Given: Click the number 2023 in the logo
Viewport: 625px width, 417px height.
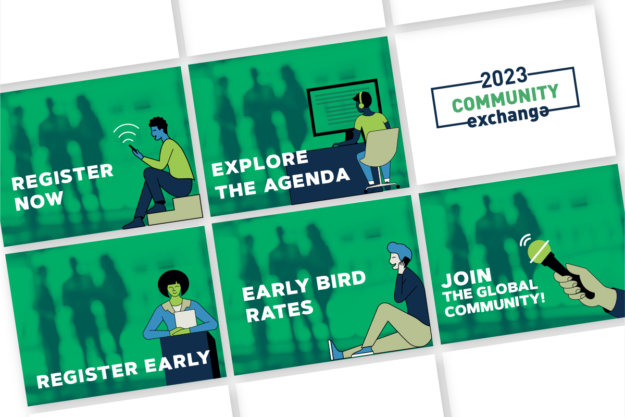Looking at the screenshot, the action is click(x=505, y=77).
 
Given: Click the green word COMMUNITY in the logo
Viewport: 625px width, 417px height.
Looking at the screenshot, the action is click(x=505, y=98).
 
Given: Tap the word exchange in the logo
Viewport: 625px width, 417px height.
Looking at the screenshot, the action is click(x=508, y=116).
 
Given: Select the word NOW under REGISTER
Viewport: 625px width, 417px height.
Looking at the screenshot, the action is click(x=39, y=201).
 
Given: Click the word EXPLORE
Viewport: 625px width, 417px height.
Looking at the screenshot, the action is click(x=260, y=163).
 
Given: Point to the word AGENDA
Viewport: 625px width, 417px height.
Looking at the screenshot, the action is click(x=307, y=180).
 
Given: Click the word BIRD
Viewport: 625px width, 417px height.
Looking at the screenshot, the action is click(x=341, y=281).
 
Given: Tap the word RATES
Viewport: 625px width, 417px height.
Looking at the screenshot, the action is click(x=280, y=311).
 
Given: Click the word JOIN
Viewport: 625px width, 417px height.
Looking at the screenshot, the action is click(x=467, y=278).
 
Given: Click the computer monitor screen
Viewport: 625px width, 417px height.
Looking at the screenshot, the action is click(x=343, y=107).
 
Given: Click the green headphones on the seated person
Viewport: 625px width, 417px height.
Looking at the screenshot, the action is click(x=361, y=100).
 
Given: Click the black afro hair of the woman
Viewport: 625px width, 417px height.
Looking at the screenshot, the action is click(x=173, y=283).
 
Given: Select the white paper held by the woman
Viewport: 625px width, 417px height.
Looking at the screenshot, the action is click(x=185, y=318).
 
